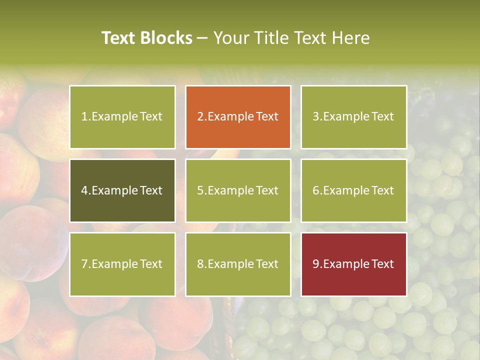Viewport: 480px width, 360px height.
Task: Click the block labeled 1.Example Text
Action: click(x=122, y=117)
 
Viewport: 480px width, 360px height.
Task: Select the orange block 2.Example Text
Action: click(x=238, y=117)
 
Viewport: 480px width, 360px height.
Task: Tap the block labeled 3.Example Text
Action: click(x=353, y=117)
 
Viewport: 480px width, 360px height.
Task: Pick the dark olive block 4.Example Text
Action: click(x=122, y=190)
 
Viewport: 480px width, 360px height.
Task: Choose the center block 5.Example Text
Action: click(x=238, y=190)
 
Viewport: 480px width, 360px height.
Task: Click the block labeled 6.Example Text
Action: click(x=353, y=190)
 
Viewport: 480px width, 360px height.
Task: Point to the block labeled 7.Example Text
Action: click(x=122, y=264)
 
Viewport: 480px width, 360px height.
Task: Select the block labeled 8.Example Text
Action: click(x=238, y=264)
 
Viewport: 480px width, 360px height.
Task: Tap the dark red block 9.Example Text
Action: click(x=353, y=264)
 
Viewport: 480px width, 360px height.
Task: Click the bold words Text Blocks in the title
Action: click(x=146, y=38)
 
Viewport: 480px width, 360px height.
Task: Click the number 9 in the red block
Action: click(x=316, y=264)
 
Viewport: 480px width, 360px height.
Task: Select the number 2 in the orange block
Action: click(x=200, y=116)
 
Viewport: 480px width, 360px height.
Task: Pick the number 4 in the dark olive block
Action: click(x=84, y=190)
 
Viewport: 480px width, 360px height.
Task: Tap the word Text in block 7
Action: click(x=151, y=264)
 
